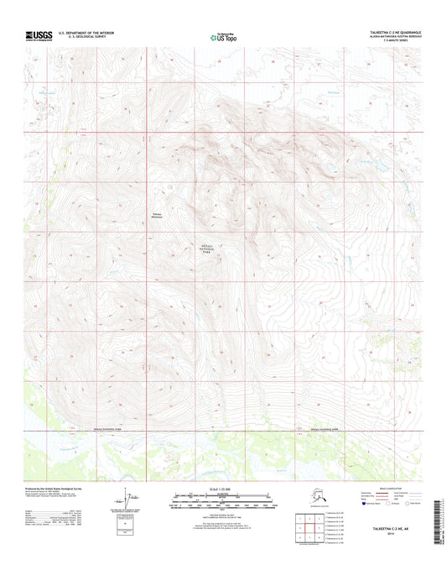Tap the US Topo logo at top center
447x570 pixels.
point(222,37)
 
